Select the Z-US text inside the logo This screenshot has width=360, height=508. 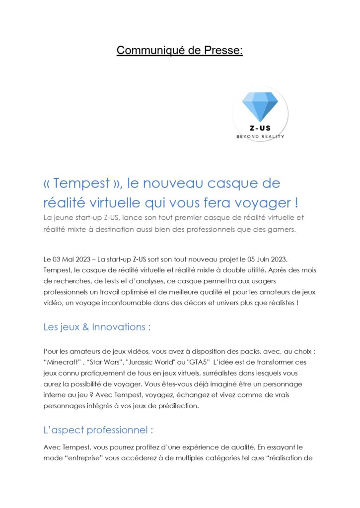260,128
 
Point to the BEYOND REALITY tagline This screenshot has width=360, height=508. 260,136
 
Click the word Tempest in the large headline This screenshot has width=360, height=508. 82,184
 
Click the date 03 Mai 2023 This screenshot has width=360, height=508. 71,260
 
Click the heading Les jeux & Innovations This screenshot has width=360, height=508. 97,327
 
